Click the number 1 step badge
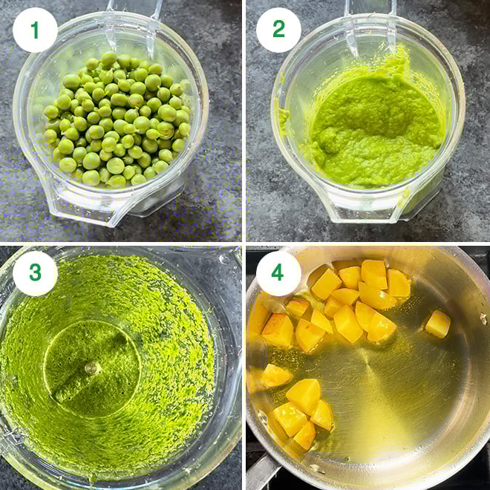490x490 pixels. click(x=35, y=30)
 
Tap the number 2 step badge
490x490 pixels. click(x=278, y=30)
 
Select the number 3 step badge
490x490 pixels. click(x=35, y=273)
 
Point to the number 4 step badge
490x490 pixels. click(x=278, y=273)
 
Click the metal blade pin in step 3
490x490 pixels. click(x=91, y=367)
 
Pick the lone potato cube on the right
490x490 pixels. click(x=438, y=323)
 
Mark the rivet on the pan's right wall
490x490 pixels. click(x=483, y=318)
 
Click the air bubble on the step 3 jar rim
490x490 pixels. click(x=223, y=259)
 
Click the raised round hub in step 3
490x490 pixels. click(x=91, y=367)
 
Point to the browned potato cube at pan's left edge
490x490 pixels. click(x=277, y=330)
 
